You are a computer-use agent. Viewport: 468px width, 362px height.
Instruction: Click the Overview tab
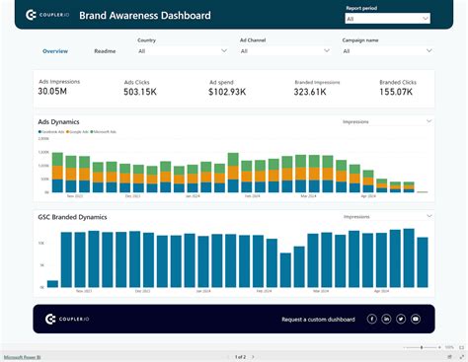point(55,50)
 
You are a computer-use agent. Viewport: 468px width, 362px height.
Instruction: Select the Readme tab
point(105,50)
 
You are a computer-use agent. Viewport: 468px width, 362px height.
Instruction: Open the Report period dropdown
point(386,18)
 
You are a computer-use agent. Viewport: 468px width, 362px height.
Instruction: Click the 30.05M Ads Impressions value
point(52,92)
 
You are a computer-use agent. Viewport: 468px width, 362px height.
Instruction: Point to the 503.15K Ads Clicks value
point(139,92)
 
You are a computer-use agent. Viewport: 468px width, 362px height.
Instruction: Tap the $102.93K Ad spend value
point(229,92)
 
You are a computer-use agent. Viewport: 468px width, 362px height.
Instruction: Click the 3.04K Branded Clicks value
point(397,92)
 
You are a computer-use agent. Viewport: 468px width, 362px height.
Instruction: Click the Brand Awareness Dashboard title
point(158,16)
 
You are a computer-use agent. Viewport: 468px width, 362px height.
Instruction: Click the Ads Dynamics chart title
point(58,120)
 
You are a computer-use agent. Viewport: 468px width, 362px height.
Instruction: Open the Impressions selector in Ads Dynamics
point(386,121)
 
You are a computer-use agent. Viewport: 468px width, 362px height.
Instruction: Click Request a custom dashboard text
point(317,319)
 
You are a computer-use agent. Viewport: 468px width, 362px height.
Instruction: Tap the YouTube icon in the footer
point(416,319)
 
